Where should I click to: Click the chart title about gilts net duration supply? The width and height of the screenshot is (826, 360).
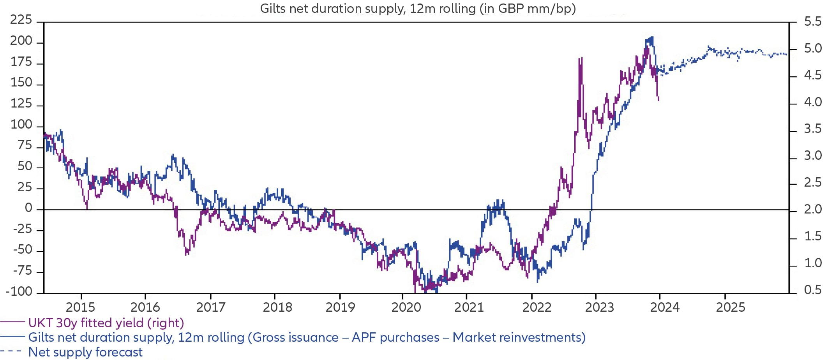(x=418, y=8)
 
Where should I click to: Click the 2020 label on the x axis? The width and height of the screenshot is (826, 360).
(x=406, y=307)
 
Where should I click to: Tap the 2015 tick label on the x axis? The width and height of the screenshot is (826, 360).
(x=80, y=307)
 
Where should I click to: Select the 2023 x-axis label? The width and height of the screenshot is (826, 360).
(x=599, y=307)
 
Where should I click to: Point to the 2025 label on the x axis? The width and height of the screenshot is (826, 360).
(x=731, y=307)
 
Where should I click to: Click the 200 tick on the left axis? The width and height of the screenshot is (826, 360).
(x=21, y=41)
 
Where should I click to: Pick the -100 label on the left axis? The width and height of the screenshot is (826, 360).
(x=19, y=291)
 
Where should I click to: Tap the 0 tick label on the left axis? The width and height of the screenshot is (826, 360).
(x=28, y=208)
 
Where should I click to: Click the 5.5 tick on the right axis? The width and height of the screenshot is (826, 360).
(x=813, y=22)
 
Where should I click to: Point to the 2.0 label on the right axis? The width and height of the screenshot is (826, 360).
(x=813, y=210)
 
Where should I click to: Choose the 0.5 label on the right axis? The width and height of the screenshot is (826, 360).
(x=813, y=290)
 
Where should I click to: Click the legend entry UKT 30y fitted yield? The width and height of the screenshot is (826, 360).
(x=106, y=323)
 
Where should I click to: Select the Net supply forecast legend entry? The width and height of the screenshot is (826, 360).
(x=85, y=352)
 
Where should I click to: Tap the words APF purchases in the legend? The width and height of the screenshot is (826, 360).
(x=395, y=337)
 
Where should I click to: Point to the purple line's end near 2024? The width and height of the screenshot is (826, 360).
(x=658, y=100)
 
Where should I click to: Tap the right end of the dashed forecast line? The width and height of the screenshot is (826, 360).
(x=786, y=55)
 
